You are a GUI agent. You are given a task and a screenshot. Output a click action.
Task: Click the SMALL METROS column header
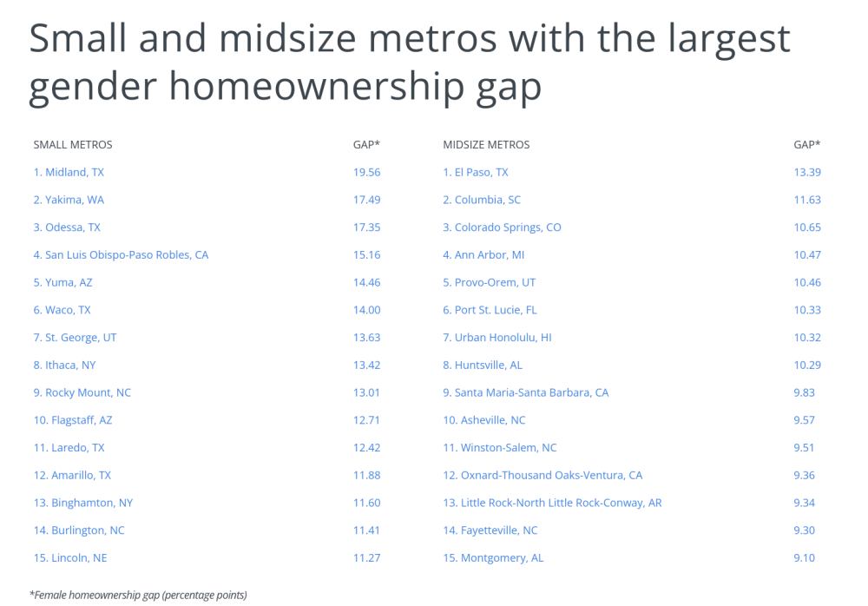pos(73,145)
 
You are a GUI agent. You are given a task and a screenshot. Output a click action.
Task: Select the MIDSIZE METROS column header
pos(486,145)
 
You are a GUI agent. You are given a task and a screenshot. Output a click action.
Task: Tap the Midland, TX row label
pos(69,172)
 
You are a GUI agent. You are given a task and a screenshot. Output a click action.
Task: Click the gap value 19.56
pos(366,172)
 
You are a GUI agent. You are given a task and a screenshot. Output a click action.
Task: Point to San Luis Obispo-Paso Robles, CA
pos(121,254)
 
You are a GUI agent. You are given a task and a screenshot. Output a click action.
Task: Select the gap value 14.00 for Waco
pos(366,310)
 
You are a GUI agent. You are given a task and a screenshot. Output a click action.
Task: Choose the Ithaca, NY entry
pos(64,365)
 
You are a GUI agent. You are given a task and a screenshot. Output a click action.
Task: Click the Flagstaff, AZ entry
pos(73,420)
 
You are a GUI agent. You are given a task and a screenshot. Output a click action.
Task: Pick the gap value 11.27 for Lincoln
pos(366,557)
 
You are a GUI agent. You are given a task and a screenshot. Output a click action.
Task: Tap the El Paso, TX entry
pos(476,172)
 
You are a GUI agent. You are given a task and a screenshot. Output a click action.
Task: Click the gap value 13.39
pos(807,172)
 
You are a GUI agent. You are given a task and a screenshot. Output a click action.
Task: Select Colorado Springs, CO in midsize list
pos(502,227)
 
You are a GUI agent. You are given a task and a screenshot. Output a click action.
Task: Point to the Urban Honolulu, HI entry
pos(497,338)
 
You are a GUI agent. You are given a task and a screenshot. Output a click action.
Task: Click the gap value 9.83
pos(804,392)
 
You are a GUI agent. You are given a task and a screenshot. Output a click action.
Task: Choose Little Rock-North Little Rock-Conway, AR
pos(552,503)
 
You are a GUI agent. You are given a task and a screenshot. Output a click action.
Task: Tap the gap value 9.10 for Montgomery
pos(804,557)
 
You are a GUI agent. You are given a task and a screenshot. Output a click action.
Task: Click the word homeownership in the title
pos(317,87)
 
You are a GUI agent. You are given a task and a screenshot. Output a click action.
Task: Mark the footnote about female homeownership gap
pos(138,596)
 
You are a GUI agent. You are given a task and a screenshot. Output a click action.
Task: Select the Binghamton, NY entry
pos(83,503)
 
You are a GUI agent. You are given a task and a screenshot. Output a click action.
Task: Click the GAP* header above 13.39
pos(807,145)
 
